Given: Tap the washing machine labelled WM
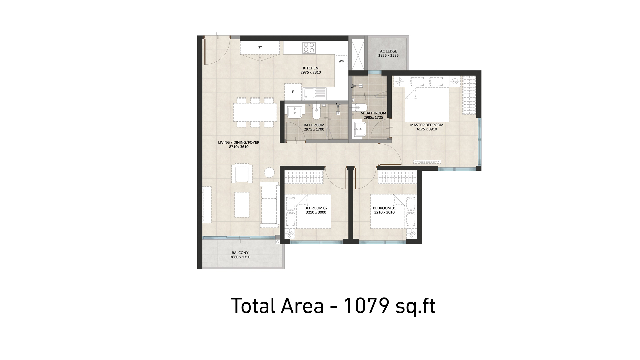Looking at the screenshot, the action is tap(341, 61).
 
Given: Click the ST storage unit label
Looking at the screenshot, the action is tap(260, 47).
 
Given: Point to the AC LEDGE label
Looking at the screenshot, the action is tap(388, 51).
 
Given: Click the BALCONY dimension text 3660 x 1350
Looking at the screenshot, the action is tap(240, 257).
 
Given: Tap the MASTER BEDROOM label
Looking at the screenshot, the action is tap(427, 125).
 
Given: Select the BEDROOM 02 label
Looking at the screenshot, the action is tap(316, 208).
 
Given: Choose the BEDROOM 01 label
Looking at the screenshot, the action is tap(384, 208).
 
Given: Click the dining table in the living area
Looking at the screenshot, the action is tap(255, 112).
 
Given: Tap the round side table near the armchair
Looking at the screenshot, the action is tap(269, 172).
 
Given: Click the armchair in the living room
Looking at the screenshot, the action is tap(242, 173).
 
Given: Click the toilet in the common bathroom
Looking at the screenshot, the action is tap(316, 112).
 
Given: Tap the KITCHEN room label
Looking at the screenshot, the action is tap(311, 68).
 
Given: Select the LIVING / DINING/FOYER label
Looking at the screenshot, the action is tap(239, 142).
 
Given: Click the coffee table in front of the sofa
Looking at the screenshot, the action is tap(242, 204).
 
